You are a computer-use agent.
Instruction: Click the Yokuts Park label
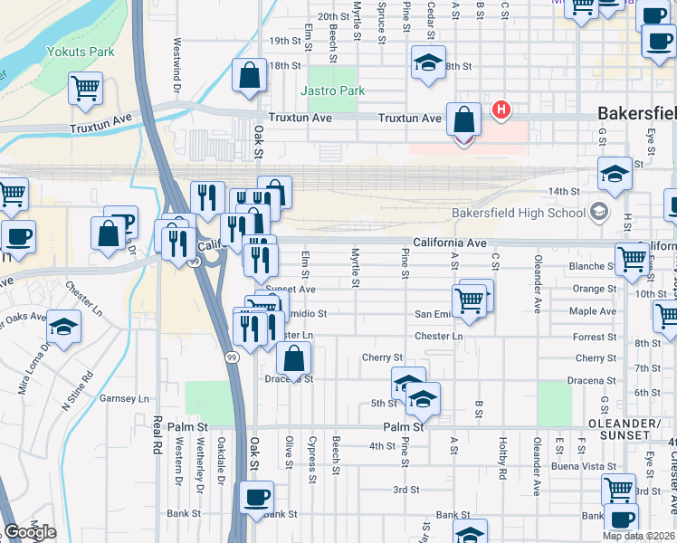click(81, 52)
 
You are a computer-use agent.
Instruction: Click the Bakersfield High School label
click(520, 213)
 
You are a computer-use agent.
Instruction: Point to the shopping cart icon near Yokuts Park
click(85, 90)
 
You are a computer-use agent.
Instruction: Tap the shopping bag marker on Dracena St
click(294, 360)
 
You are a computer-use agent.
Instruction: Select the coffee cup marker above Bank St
click(256, 498)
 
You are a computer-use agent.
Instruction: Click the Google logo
click(30, 533)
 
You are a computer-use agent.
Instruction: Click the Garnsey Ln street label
click(123, 398)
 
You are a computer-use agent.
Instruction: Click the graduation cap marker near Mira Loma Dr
click(64, 328)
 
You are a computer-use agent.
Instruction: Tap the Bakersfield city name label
click(636, 115)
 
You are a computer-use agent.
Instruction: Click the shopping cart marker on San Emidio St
click(469, 301)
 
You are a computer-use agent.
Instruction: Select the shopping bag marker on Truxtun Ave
click(463, 120)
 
